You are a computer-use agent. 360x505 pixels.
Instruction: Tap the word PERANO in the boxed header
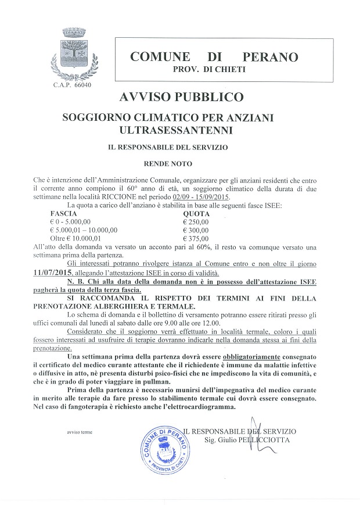tap(270, 57)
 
